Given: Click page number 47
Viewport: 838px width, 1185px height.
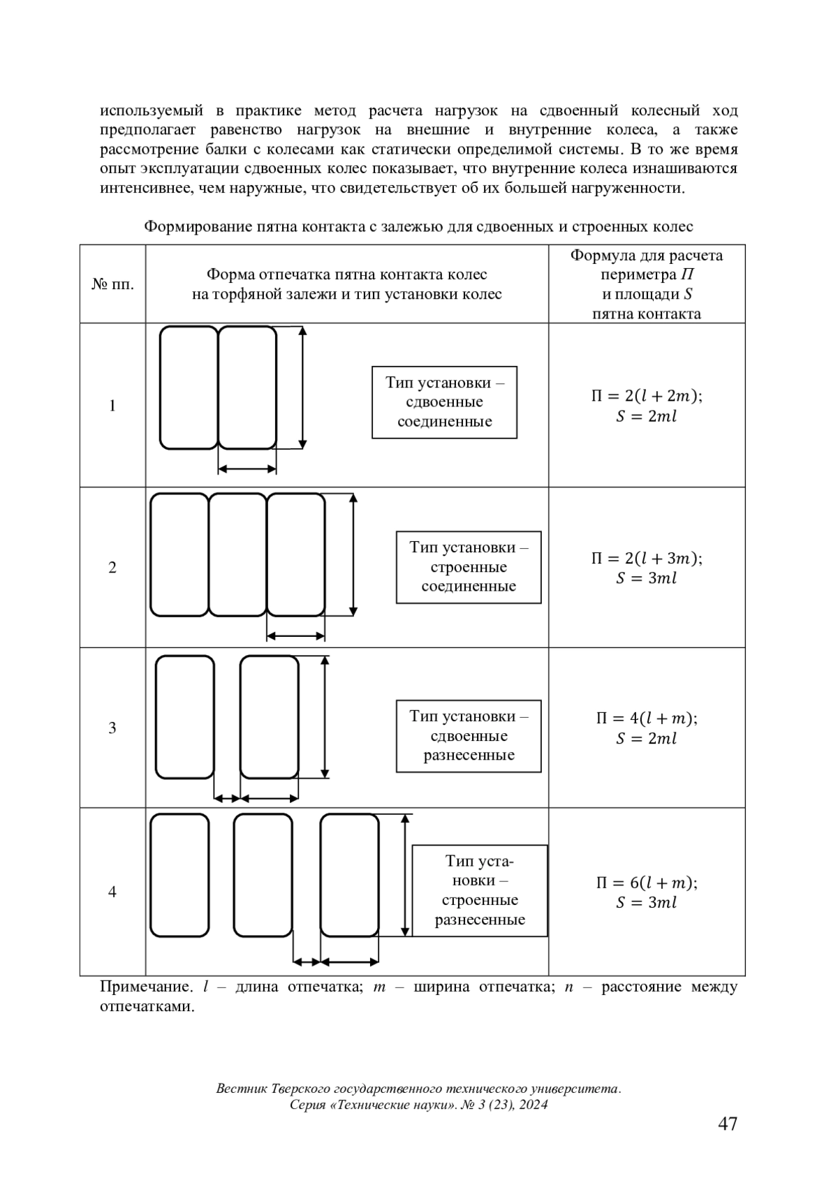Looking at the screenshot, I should click(727, 1124).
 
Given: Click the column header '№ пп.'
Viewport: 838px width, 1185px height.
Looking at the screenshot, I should click(112, 284).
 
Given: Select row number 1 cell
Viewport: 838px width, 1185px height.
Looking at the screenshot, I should click(112, 406).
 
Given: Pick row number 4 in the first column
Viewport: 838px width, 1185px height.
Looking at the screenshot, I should click(112, 892).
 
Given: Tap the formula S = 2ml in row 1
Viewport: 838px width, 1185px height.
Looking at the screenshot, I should click(647, 417).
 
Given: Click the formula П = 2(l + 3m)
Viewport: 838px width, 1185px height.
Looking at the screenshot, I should click(647, 558).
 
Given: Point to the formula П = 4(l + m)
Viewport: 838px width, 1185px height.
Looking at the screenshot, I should click(647, 719).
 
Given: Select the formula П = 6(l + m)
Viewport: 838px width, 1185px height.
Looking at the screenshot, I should click(647, 883).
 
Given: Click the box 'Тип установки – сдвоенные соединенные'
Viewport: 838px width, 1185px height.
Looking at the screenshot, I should click(444, 402).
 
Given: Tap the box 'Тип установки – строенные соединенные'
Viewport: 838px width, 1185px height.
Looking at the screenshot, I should click(469, 567).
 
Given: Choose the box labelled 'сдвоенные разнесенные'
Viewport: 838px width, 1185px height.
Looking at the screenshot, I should click(469, 736).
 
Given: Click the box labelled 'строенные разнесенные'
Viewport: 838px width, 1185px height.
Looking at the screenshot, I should click(480, 890).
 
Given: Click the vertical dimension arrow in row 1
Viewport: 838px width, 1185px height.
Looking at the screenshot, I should click(302, 388).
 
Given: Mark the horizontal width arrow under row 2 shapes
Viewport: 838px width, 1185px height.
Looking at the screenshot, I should click(296, 635).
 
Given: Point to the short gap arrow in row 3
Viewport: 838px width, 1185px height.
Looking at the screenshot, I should click(227, 797).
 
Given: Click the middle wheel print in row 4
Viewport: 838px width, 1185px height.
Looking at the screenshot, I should click(263, 875).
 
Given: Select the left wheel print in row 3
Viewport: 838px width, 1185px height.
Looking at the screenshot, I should click(185, 716).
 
